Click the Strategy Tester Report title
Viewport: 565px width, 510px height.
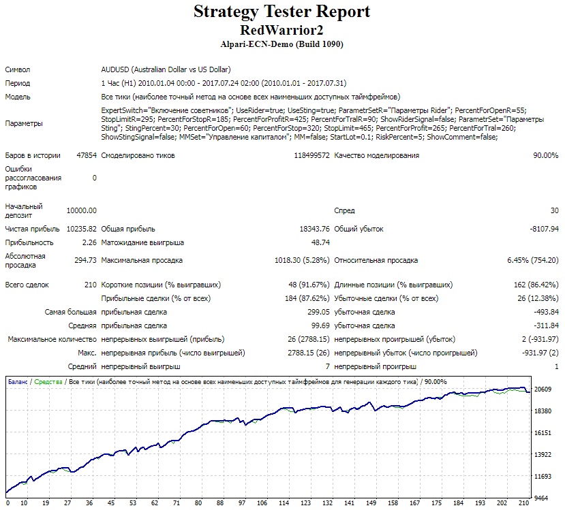click(x=281, y=12)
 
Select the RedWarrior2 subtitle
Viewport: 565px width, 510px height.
click(x=281, y=30)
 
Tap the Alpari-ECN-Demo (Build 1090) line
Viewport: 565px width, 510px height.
click(x=281, y=44)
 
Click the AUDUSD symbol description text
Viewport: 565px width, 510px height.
click(x=166, y=69)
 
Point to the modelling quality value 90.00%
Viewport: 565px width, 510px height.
click(x=545, y=155)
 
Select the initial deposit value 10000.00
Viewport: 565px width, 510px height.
click(x=81, y=210)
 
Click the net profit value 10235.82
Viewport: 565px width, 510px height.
click(x=81, y=229)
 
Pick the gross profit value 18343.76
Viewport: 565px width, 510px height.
click(x=314, y=229)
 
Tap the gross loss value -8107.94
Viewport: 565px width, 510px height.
click(x=544, y=229)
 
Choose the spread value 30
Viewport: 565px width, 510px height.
click(x=555, y=210)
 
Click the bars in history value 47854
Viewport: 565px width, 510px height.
click(x=87, y=155)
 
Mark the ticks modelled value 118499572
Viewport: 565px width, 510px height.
click(x=311, y=155)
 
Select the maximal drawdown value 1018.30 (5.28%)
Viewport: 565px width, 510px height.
click(x=302, y=260)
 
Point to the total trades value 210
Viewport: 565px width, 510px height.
click(x=91, y=285)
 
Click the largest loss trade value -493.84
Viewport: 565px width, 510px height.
click(x=546, y=312)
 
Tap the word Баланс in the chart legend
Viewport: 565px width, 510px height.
click(x=18, y=382)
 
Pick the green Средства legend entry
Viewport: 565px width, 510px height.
click(x=48, y=382)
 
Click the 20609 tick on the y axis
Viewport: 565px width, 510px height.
click(x=543, y=389)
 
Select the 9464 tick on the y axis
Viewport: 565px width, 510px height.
click(x=541, y=498)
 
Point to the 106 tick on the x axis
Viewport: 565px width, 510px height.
click(x=262, y=503)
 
